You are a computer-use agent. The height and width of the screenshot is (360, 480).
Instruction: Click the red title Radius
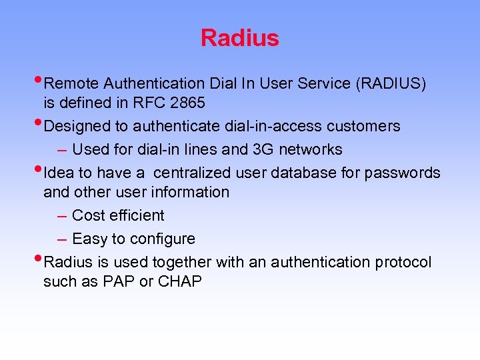point(239,38)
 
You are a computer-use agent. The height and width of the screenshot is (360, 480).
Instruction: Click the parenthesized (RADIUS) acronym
point(391,83)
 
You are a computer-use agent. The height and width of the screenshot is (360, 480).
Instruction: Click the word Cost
point(87,215)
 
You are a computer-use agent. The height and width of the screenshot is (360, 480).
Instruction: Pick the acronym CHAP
point(180,282)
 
